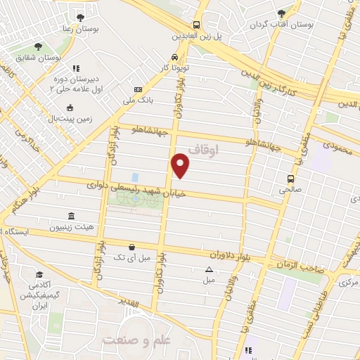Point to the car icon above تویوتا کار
pyautogui.click(x=174, y=58)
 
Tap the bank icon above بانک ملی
pyautogui.click(x=138, y=90)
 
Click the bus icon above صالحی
pyautogui.click(x=290, y=178)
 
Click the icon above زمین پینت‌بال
pyautogui.click(x=70, y=108)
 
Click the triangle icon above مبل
pyautogui.click(x=209, y=269)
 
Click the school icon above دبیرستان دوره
pyautogui.click(x=77, y=69)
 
